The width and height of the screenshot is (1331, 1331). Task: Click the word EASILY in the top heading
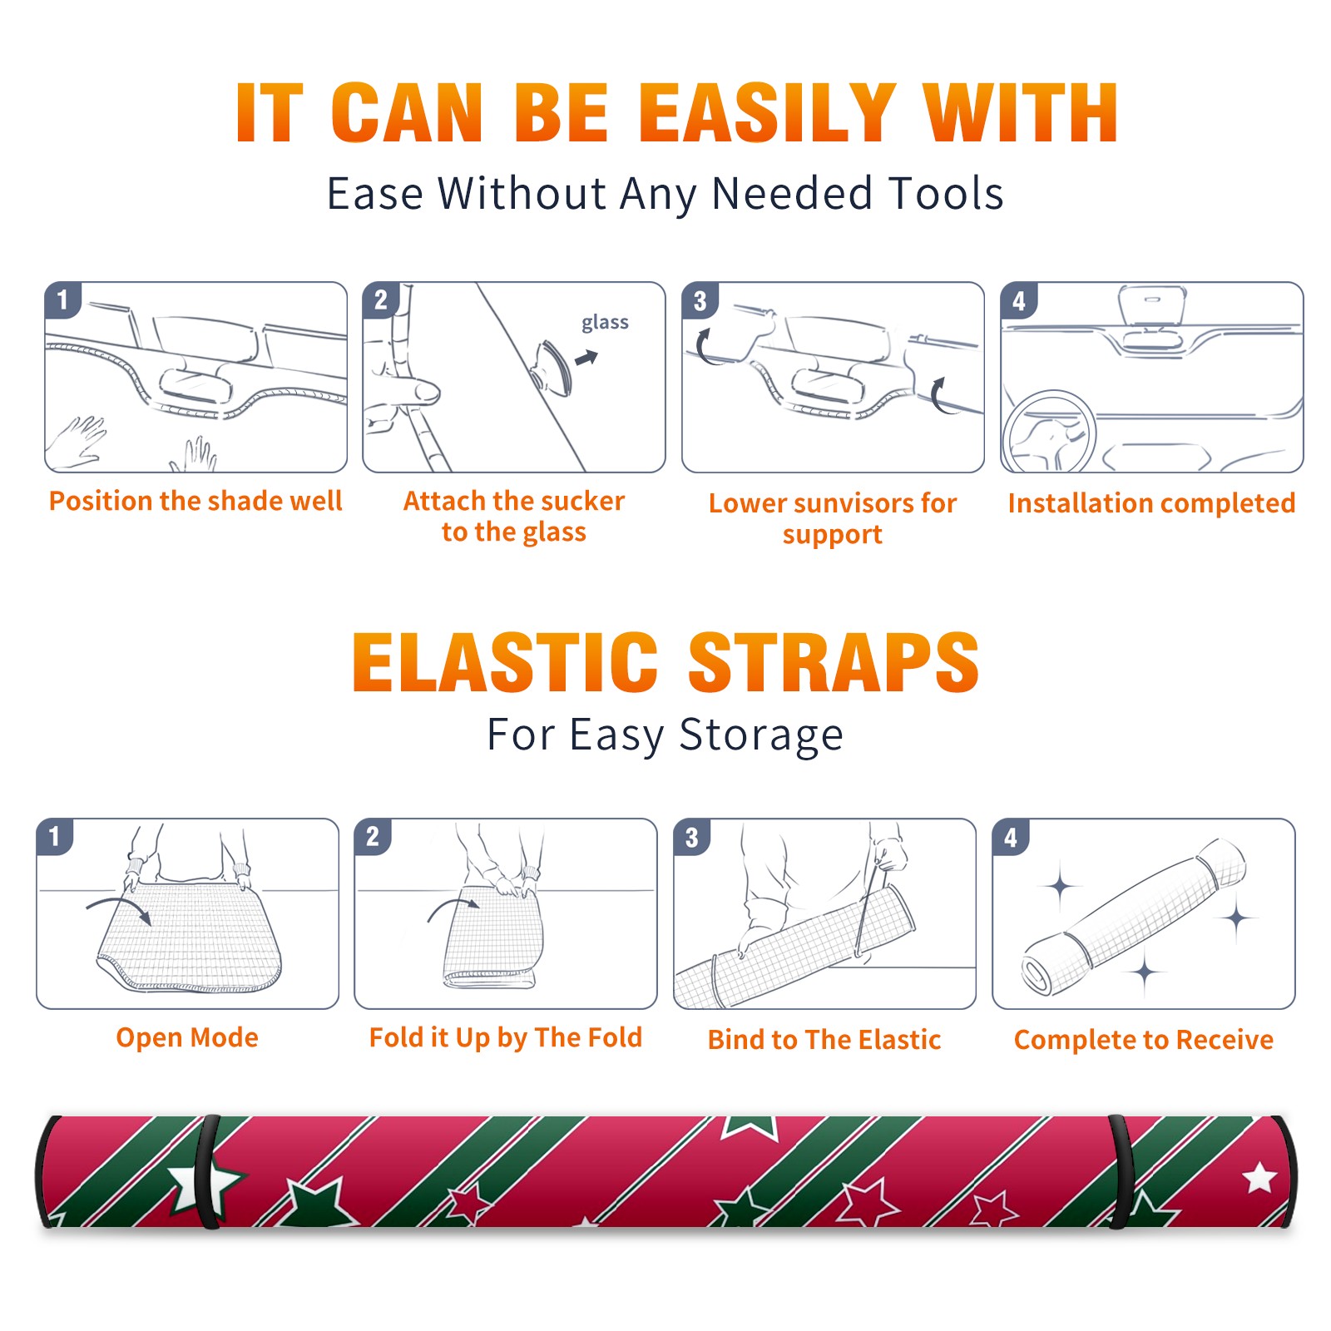click(x=767, y=112)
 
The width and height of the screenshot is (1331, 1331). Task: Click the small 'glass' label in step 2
click(x=605, y=323)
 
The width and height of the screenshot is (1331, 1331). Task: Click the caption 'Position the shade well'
click(x=195, y=501)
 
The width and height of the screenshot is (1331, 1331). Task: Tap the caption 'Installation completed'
click(x=1151, y=502)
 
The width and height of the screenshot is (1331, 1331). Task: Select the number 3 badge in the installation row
click(x=700, y=300)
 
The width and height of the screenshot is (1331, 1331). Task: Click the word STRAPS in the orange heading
click(x=834, y=662)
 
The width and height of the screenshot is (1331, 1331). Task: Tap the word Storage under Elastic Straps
click(x=761, y=735)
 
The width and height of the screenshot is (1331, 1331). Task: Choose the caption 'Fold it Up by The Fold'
click(x=506, y=1037)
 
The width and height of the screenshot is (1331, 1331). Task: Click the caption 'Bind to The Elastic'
click(x=824, y=1040)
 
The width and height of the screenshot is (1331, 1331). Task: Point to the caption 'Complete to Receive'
click(x=1144, y=1040)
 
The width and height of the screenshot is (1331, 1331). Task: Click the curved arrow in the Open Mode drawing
click(x=119, y=903)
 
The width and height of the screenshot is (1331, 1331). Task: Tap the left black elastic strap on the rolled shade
click(x=209, y=1172)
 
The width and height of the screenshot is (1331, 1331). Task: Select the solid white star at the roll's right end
click(x=1259, y=1178)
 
